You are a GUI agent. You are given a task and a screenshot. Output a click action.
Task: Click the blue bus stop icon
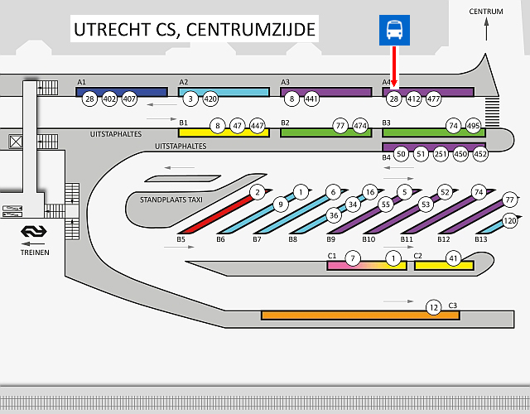394,30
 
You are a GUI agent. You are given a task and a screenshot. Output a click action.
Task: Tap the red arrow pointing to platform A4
394,66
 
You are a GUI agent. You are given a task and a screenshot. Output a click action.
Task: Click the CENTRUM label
486,12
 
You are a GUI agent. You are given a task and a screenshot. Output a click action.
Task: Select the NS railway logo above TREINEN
34,231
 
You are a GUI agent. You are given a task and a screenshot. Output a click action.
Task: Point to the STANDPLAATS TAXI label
171,200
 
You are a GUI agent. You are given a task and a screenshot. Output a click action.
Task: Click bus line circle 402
109,99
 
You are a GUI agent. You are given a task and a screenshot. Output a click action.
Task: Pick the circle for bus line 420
210,99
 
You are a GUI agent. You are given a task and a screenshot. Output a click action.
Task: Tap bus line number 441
311,99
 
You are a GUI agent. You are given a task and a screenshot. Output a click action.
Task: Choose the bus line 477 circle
433,99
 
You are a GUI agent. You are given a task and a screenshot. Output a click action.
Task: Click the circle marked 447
258,126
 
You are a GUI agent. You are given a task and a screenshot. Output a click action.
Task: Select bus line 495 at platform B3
473,126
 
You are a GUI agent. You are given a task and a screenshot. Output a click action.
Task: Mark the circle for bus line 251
441,154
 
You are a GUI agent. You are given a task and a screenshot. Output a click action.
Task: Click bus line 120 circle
510,221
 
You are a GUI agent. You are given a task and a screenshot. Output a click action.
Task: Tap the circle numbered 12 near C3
434,307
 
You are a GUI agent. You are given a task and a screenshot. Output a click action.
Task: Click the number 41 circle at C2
453,259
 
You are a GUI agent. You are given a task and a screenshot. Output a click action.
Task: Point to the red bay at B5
220,214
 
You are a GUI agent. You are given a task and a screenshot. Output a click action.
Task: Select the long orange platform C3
360,315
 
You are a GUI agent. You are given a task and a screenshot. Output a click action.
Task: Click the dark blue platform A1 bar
122,92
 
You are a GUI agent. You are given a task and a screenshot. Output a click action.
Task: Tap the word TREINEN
35,253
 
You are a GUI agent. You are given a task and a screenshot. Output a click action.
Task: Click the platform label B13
481,239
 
